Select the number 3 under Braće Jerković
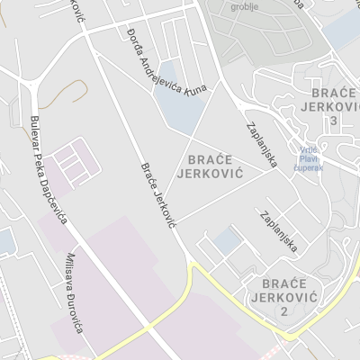pyautogui.click(x=334, y=121)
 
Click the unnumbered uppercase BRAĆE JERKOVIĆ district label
pyautogui.click(x=217, y=166)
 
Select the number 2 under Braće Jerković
pyautogui.click(x=283, y=310)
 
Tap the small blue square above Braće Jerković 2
pyautogui.click(x=228, y=240)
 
